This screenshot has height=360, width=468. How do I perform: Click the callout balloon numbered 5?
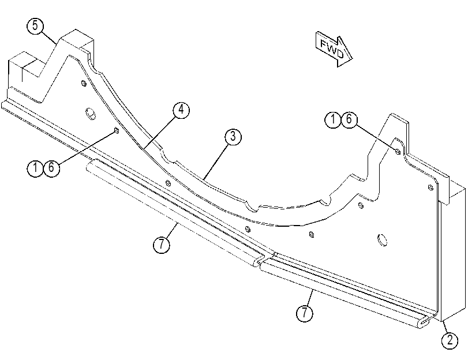[x=35, y=26]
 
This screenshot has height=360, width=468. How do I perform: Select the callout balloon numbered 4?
[x=181, y=110]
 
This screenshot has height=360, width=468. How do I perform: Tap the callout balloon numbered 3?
[x=233, y=137]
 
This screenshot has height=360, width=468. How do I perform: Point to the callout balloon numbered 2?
[x=450, y=340]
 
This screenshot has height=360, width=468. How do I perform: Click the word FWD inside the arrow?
[x=332, y=48]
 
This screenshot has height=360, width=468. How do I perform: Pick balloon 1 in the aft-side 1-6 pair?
[x=35, y=168]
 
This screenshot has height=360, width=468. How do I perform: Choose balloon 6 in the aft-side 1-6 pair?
[x=51, y=168]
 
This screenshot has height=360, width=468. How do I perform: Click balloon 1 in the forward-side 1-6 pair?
[x=333, y=119]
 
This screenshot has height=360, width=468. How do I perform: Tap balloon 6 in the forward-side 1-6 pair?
[x=349, y=119]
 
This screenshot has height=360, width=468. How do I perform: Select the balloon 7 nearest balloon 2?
[x=305, y=313]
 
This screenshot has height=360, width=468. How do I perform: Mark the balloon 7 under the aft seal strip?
[x=162, y=245]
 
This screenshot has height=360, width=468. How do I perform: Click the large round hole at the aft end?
[x=91, y=114]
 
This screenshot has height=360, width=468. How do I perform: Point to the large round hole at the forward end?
[x=383, y=239]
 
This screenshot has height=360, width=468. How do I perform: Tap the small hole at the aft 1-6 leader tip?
[x=117, y=130]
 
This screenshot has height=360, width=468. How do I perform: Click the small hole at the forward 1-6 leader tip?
[x=398, y=152]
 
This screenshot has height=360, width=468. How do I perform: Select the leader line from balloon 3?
[x=215, y=162]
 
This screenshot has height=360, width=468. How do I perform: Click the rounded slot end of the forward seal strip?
[x=425, y=321]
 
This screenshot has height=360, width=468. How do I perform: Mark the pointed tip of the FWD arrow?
[x=352, y=58]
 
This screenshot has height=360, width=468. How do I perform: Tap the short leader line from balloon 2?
[x=445, y=327]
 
